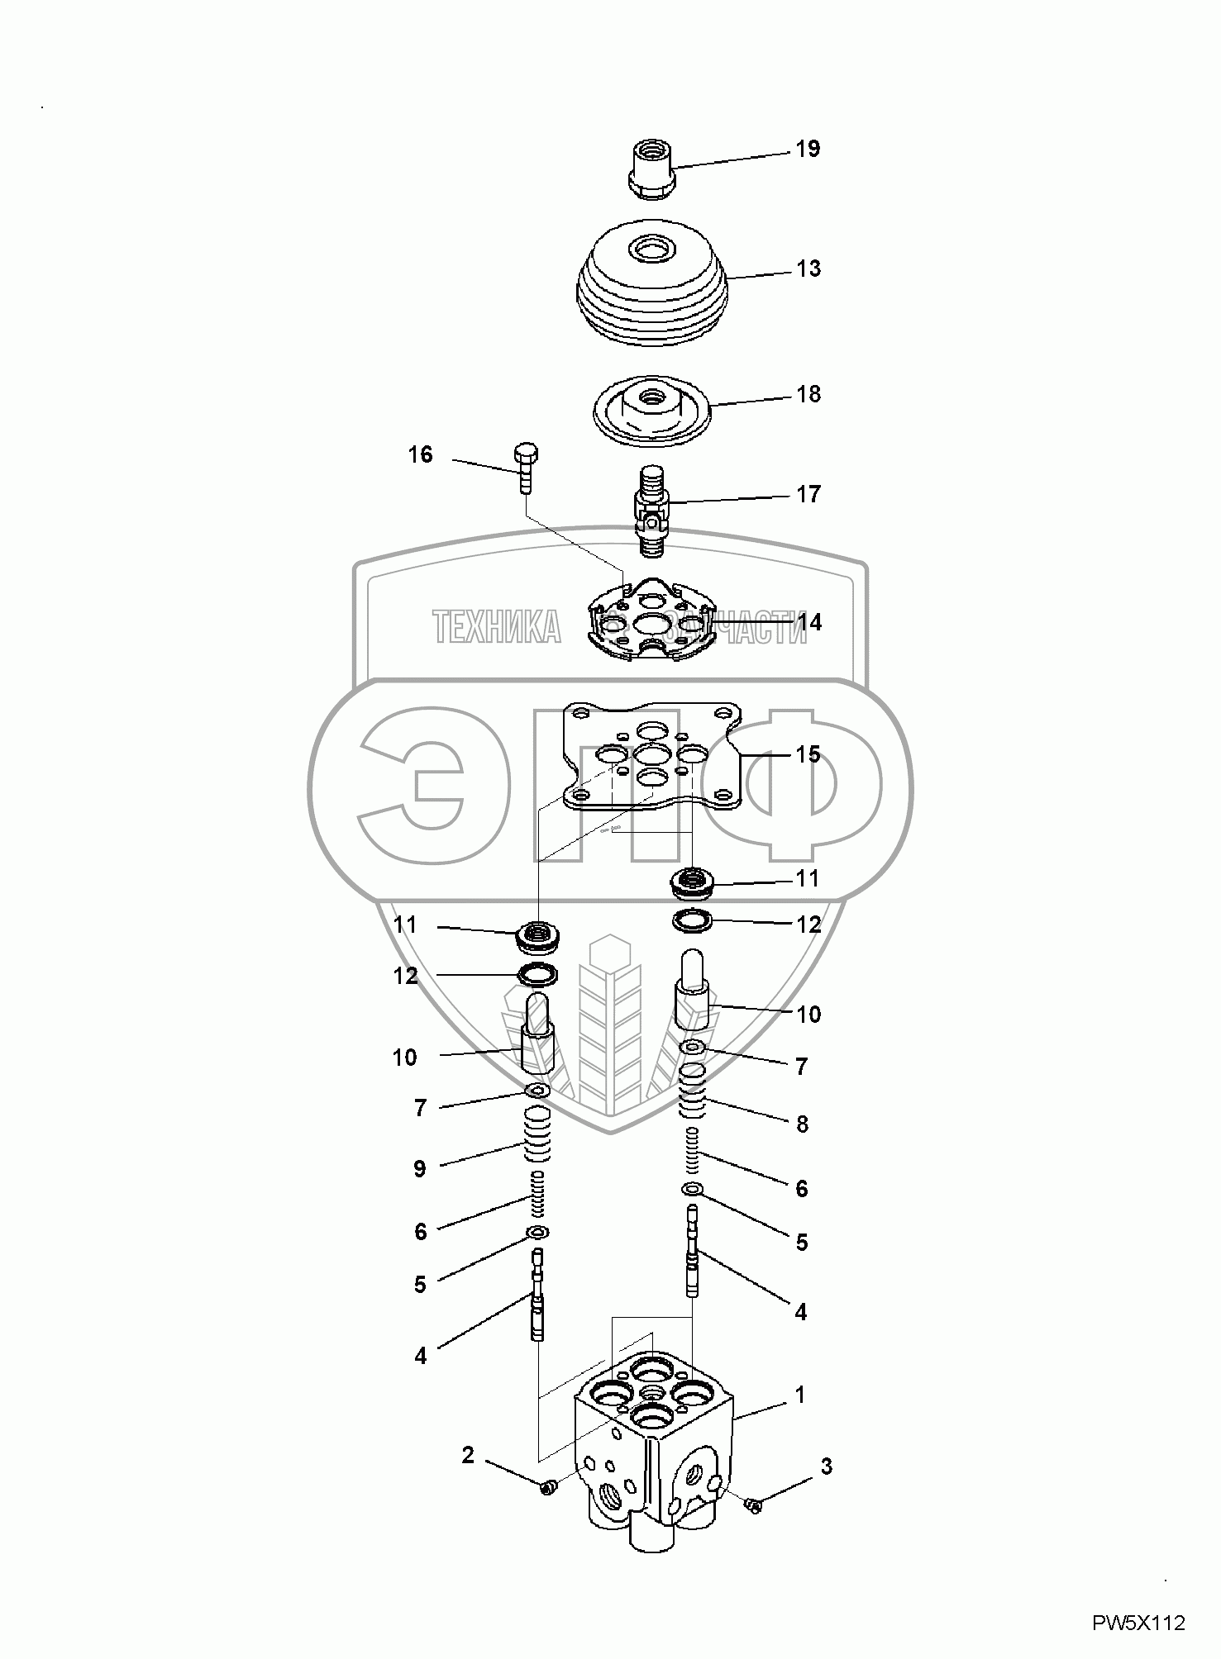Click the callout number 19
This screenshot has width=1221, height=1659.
pos(808,150)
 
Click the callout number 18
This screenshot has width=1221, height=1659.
pos(808,394)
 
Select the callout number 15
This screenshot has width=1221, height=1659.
pos(808,754)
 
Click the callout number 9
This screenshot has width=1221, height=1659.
pos(420,1169)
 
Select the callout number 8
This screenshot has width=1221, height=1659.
pos(801,1124)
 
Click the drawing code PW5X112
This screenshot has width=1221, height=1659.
pos(1139,1623)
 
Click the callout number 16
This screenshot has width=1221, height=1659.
pos(420,454)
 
